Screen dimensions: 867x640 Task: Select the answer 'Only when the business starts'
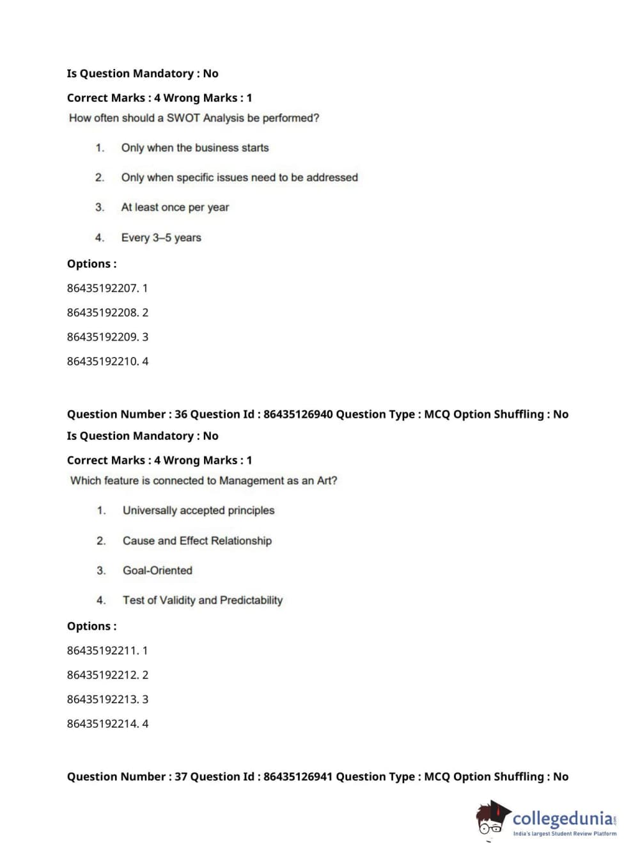[x=195, y=148]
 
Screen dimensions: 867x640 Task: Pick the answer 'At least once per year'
[x=175, y=207]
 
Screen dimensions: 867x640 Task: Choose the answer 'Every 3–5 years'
[x=161, y=238]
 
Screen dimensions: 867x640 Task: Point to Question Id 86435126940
[x=298, y=414]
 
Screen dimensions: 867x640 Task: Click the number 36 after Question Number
[x=181, y=414]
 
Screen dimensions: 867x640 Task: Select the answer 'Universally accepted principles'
[x=198, y=510]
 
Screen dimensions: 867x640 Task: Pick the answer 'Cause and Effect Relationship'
[x=197, y=541]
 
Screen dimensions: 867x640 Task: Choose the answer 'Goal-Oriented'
[x=157, y=570]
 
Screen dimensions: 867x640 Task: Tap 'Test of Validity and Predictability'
[x=202, y=600]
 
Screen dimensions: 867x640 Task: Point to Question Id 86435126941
[x=298, y=777]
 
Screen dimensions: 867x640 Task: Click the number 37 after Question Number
[x=181, y=777]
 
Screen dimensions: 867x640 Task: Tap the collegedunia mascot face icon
[x=492, y=818]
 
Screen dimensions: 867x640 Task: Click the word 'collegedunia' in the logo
[x=563, y=818]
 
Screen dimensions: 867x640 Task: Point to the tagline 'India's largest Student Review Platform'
[x=565, y=834]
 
